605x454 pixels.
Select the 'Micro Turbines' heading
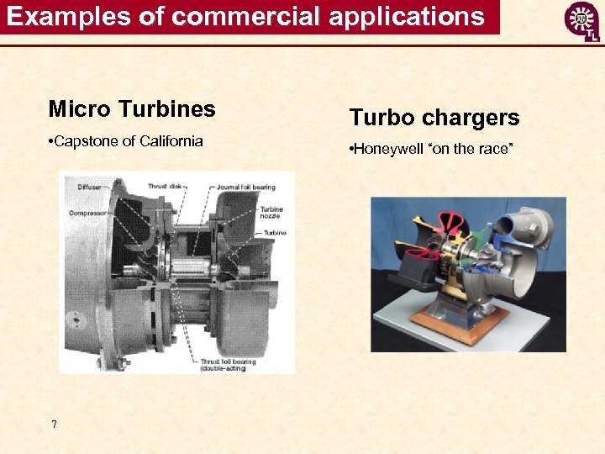132,109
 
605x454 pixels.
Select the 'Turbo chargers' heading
434,118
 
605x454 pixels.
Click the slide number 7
54,425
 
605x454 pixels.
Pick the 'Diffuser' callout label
90,186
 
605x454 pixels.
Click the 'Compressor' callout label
87,214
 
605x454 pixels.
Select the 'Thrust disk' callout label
165,186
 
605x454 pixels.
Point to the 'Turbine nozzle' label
271,213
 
